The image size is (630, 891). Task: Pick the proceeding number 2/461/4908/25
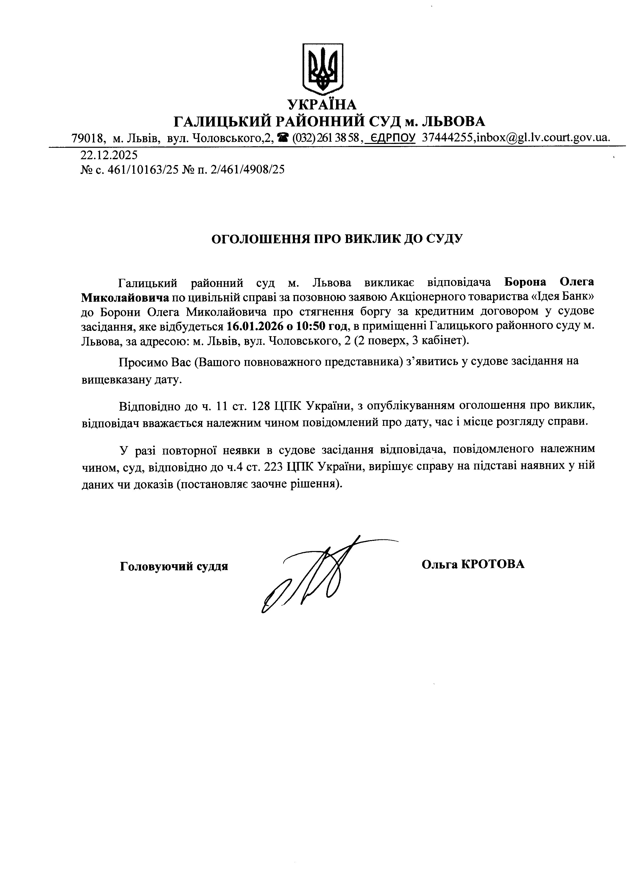click(247, 170)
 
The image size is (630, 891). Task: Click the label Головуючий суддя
click(174, 566)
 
